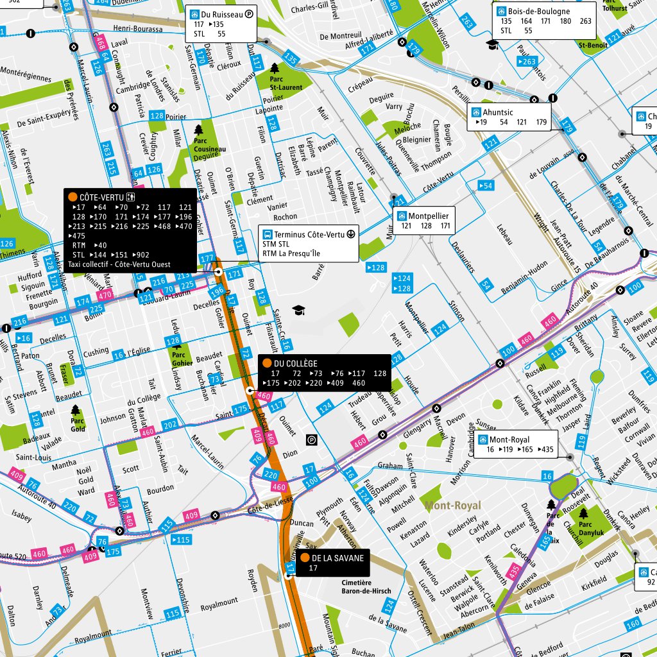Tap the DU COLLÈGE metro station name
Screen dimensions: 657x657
(300, 363)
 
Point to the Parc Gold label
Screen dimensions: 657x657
(78, 425)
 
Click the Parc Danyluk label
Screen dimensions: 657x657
(583, 528)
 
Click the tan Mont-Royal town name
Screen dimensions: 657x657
(452, 506)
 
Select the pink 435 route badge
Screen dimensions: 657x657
(513, 570)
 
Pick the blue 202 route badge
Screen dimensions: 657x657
(170, 425)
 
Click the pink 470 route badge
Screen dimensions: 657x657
(105, 294)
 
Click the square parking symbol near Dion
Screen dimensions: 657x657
(312, 439)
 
